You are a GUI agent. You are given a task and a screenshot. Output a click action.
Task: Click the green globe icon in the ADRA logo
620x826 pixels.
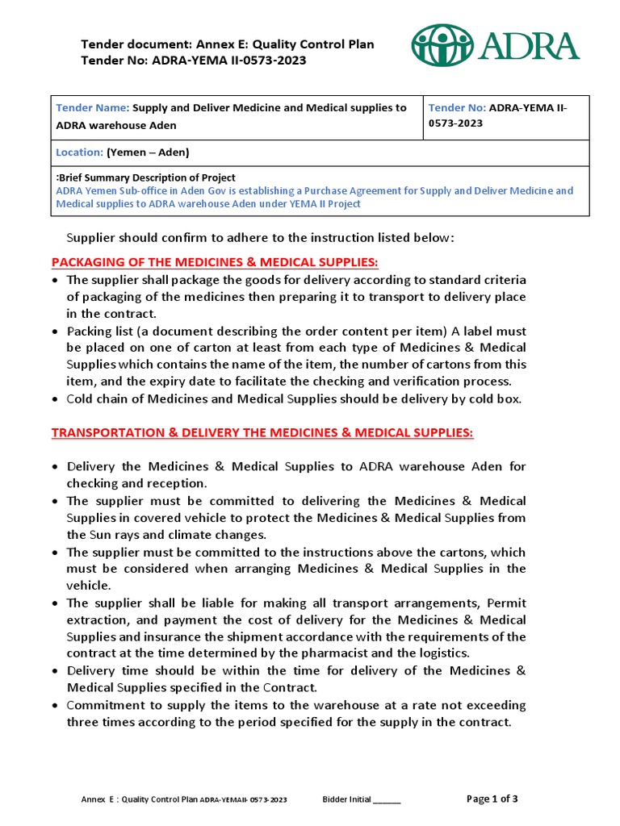pyautogui.click(x=442, y=45)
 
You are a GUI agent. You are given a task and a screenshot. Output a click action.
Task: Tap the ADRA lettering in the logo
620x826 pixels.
pyautogui.click(x=528, y=46)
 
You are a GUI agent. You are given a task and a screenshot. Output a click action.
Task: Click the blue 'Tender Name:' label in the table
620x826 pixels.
pyautogui.click(x=92, y=108)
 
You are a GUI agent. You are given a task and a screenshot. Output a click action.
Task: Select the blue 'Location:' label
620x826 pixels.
pyautogui.click(x=79, y=152)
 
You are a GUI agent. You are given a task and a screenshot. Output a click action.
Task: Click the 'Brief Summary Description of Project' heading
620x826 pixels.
pyautogui.click(x=148, y=177)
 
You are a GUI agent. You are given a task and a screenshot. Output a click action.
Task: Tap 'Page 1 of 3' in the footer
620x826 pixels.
pyautogui.click(x=492, y=799)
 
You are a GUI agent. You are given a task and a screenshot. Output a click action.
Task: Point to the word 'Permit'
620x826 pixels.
pyautogui.click(x=506, y=603)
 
